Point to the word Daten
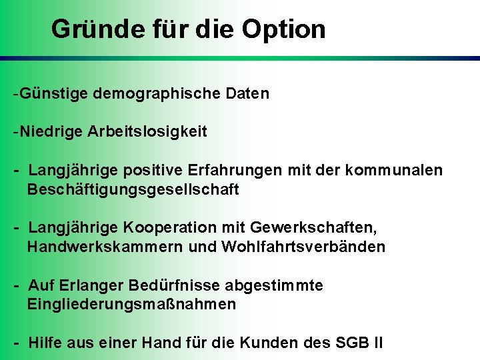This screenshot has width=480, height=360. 247,93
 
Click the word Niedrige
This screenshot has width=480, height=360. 51,132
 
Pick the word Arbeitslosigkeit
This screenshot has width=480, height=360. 147,132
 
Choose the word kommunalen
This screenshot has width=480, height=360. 394,171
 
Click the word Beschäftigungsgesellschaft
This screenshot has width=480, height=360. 133,190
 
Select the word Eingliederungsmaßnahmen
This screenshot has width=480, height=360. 131,305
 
